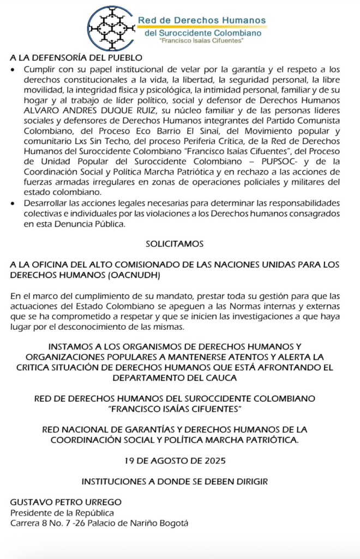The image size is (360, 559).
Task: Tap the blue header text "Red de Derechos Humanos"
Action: [201, 21]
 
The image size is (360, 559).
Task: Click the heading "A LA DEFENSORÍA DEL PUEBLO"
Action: [76, 58]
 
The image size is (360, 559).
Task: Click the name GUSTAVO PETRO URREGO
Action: [66, 502]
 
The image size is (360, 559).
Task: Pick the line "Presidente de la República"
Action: [63, 513]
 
